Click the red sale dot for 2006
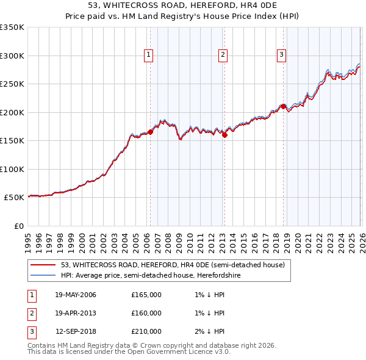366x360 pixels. click(150, 132)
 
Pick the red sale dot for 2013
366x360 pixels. click(224, 135)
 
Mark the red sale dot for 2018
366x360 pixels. click(283, 106)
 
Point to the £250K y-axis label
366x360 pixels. click(12, 84)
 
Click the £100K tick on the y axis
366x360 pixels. click(12, 169)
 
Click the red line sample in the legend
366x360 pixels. click(43, 265)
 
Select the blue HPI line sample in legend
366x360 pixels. click(43, 276)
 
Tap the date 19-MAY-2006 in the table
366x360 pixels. click(75, 295)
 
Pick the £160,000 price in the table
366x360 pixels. click(146, 313)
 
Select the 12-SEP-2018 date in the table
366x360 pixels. click(75, 331)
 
